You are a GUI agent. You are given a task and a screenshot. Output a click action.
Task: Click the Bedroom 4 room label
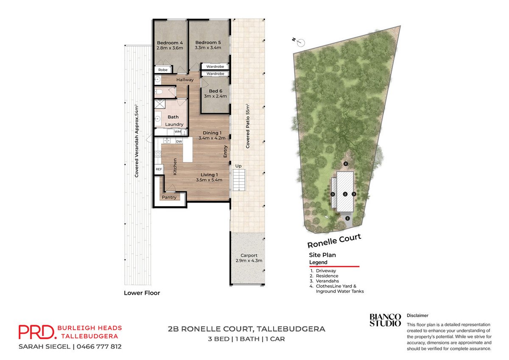point(170,43)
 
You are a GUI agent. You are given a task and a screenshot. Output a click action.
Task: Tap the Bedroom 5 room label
point(208,42)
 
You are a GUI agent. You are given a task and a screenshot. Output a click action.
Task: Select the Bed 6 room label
point(215,91)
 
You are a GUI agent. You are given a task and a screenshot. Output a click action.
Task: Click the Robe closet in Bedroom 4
point(163,70)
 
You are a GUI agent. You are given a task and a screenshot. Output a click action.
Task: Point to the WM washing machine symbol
point(178,131)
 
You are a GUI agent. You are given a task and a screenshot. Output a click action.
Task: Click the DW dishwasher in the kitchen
point(179,141)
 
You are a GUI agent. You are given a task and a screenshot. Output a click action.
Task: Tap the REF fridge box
point(159,169)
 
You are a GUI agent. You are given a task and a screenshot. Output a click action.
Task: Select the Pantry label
point(169,197)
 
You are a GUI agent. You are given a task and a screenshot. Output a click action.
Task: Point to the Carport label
point(249,255)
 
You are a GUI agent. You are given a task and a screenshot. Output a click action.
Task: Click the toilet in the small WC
point(159,92)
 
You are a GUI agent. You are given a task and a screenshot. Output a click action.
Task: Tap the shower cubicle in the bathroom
point(160,104)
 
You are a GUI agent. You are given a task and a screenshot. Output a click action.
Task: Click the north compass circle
point(301,42)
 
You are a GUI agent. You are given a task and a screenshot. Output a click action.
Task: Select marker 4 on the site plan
point(346,164)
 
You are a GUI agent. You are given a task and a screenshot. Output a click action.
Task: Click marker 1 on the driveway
point(347,218)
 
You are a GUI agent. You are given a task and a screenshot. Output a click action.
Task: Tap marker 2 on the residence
point(345,194)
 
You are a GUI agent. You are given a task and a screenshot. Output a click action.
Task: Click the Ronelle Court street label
point(334,241)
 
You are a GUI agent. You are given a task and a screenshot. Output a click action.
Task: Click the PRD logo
point(36,332)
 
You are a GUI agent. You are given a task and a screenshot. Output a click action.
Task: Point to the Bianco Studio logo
point(385,320)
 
